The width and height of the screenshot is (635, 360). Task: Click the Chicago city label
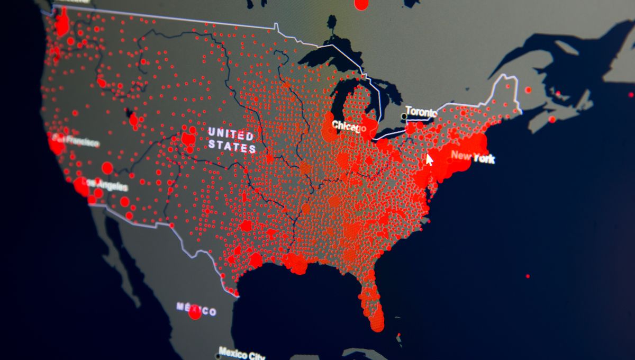tap(349, 127)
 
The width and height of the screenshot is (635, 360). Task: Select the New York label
tap(473, 157)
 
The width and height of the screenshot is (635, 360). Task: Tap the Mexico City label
tap(242, 353)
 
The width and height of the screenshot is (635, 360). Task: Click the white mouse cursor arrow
tap(429, 159)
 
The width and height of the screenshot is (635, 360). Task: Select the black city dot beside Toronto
tap(404, 115)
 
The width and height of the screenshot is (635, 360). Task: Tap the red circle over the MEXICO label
tap(195, 312)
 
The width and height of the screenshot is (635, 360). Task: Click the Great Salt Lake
tap(130, 113)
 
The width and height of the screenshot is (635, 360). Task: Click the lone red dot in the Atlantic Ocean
tap(528, 276)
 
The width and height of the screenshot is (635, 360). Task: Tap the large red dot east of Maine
tap(528, 90)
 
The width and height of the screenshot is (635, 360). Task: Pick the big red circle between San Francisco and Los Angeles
tap(107, 168)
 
